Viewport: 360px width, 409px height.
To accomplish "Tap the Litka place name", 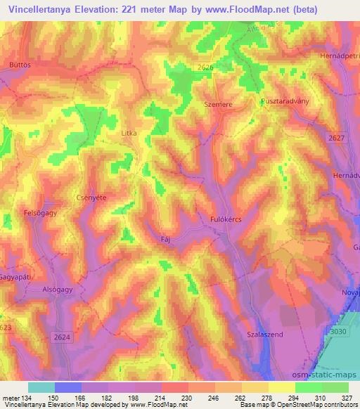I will coord(128,132).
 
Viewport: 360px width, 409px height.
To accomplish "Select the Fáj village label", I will coord(166,238).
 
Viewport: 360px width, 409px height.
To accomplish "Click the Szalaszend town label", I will coord(265,335).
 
